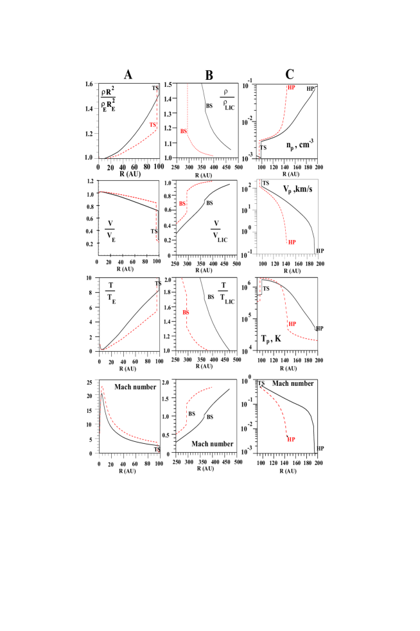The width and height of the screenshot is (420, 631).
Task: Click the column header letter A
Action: pos(128,75)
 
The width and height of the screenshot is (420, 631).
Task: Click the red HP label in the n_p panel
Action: pos(291,87)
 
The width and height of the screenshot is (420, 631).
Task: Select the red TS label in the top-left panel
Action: pos(153,124)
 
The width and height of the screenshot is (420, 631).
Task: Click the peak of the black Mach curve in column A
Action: pos(101,394)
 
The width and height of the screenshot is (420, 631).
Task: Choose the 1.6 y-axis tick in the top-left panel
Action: pos(89,84)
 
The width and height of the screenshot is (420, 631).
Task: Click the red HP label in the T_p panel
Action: pos(292,324)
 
